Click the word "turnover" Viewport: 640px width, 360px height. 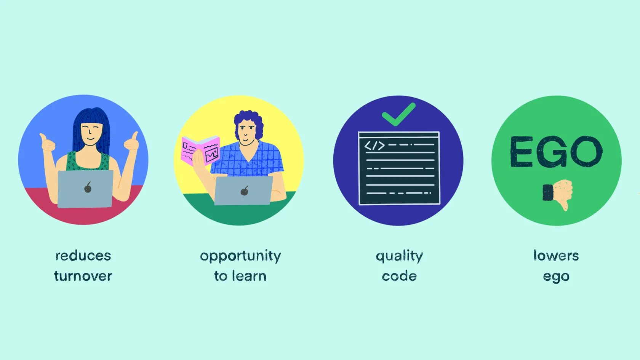point(83,276)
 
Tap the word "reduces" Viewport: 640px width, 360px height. point(83,255)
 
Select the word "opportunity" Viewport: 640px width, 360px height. point(240,256)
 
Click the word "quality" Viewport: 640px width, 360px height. point(399,256)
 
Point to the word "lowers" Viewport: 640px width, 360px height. point(556,255)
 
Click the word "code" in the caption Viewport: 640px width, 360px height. point(399,276)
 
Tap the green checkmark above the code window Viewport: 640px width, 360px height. point(398,114)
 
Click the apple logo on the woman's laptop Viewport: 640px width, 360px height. point(88,187)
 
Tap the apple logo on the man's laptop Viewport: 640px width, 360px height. point(244,190)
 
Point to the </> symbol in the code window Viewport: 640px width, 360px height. point(374,146)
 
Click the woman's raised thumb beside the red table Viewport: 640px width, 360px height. point(47,142)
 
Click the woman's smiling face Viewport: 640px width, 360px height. point(91,134)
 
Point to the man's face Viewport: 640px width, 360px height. point(246,132)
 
